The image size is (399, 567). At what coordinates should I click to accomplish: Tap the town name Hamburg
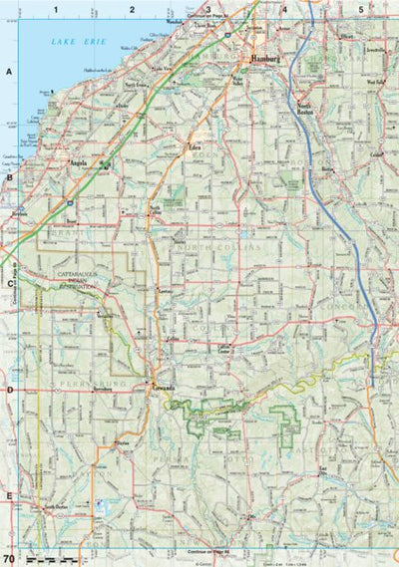(266, 60)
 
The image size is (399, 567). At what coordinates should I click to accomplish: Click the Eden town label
(208, 146)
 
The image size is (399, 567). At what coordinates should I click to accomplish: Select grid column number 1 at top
(57, 9)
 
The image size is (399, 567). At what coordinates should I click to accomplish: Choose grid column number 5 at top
(360, 9)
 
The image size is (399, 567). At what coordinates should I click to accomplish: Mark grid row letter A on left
(9, 72)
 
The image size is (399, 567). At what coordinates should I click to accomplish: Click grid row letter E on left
(9, 495)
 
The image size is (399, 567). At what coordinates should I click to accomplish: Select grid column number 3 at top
(207, 9)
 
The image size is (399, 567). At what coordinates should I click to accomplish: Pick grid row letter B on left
(9, 178)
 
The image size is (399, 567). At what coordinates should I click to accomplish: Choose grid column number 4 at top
(284, 9)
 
